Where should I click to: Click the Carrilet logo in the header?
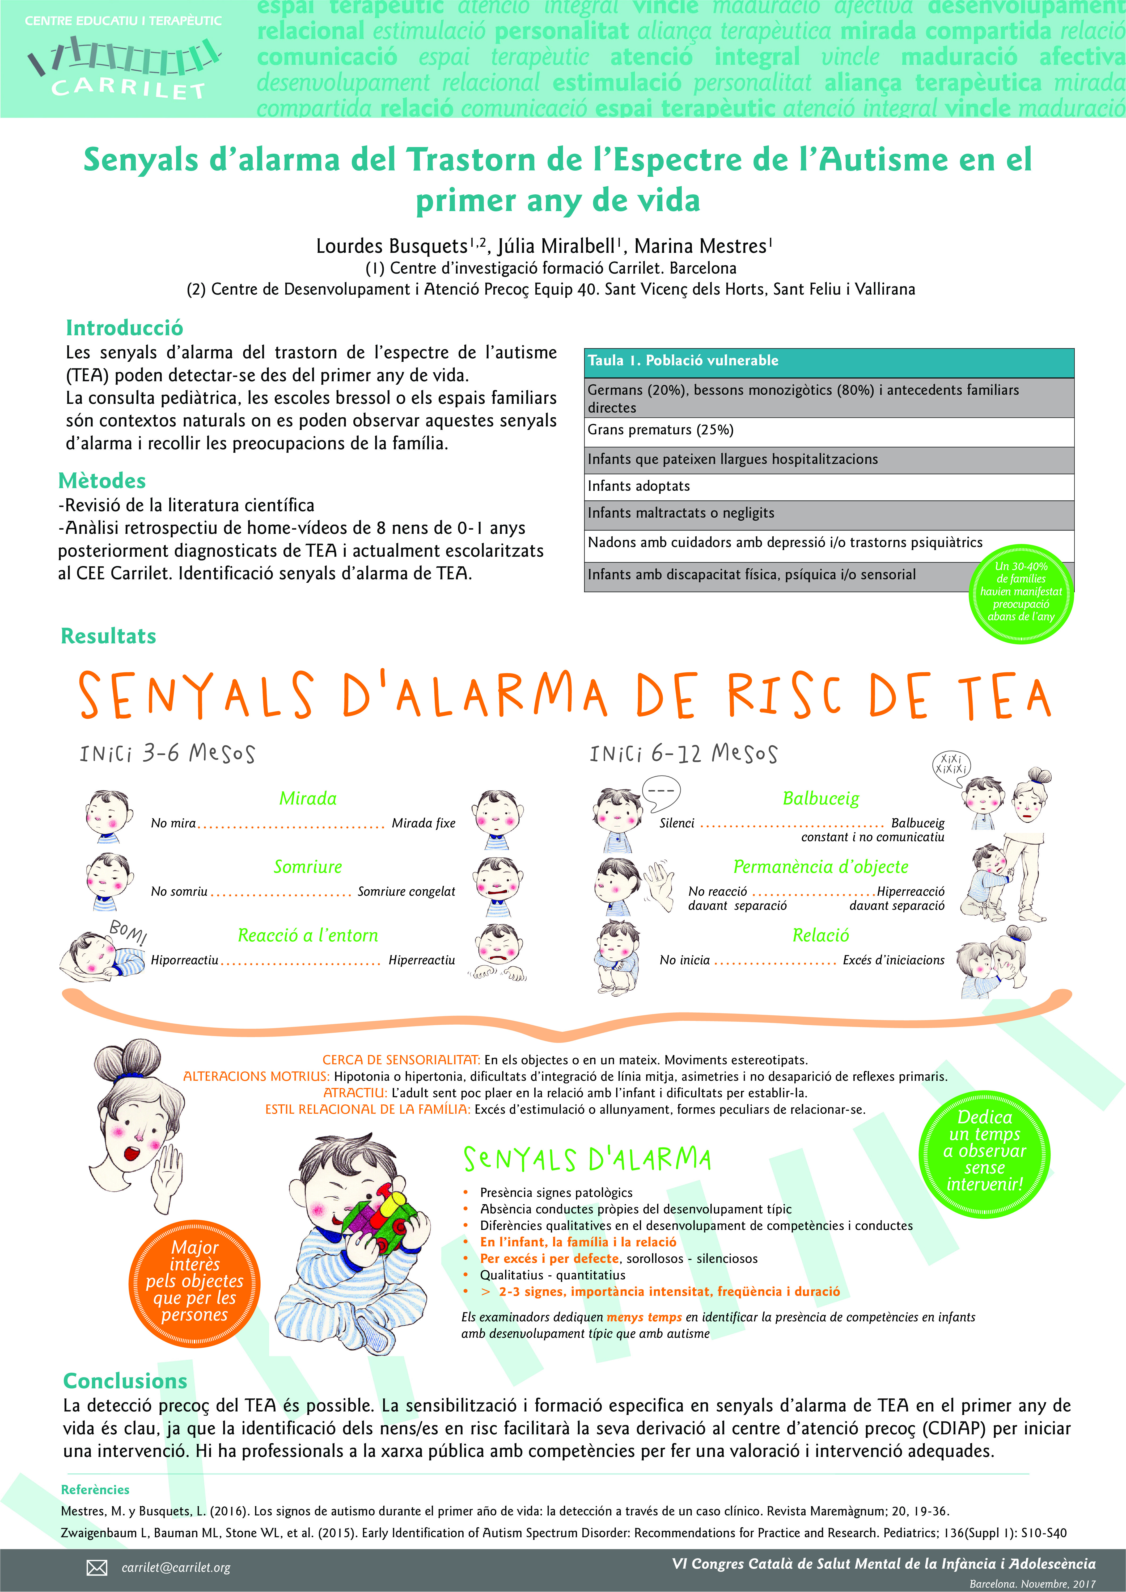[125, 66]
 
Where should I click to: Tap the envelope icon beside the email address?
[96, 1567]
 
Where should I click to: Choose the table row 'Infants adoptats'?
[828, 486]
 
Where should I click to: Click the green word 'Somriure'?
[308, 867]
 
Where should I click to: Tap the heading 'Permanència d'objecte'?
[820, 867]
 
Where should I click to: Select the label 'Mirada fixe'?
[423, 823]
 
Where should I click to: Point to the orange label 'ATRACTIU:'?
[355, 1092]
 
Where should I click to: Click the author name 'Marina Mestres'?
[700, 246]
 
